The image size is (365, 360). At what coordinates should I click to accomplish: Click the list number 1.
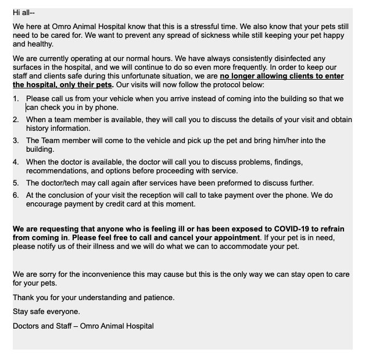[x=16, y=99]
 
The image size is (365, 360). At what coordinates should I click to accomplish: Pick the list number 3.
[x=16, y=140]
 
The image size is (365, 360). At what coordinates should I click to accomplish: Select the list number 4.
[x=16, y=162]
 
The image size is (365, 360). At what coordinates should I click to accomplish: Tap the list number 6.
[x=16, y=195]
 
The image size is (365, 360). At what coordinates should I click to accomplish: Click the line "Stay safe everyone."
[x=46, y=311]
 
